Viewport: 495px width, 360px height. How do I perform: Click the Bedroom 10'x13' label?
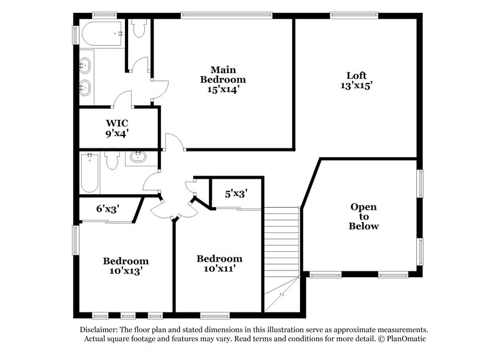[x=126, y=265]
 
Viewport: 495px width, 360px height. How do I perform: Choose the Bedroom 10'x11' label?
[x=220, y=263]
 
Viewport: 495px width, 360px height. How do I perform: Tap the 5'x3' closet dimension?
[x=236, y=194]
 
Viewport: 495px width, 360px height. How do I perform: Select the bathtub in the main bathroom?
[x=102, y=35]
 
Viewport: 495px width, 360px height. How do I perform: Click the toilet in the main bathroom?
[x=139, y=28]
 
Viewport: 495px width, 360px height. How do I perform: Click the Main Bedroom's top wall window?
[x=226, y=15]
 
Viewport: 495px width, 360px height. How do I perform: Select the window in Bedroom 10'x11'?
[x=215, y=315]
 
